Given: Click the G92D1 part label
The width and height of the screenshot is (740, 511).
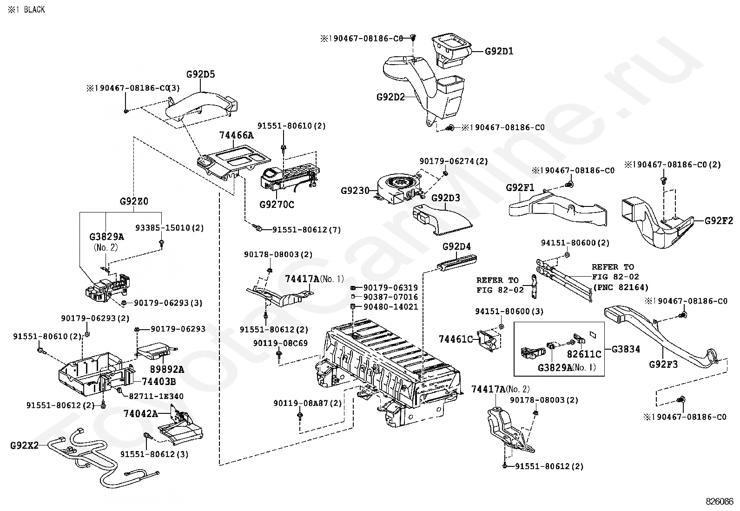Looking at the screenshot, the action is [499, 51].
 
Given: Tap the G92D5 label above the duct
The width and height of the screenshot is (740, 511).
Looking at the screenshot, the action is [200, 74].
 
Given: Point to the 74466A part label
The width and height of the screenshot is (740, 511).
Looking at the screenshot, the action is [237, 135].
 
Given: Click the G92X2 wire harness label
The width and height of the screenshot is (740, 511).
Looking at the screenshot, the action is [25, 445].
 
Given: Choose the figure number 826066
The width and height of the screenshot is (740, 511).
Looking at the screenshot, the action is [720, 502].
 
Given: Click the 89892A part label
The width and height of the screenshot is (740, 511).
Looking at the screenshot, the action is [167, 369].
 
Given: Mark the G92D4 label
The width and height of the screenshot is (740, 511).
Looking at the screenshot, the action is [456, 246].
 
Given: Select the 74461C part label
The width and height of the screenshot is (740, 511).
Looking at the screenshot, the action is [456, 339].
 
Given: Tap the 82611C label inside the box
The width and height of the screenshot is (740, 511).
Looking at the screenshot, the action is [584, 354].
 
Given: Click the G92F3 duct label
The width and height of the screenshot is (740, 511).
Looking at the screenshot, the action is [663, 364].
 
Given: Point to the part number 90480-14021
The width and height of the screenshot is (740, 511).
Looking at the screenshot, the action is [391, 307].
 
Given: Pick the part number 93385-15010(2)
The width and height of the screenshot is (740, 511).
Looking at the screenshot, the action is [170, 228].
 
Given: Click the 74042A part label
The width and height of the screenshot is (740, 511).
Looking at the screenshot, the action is [141, 413].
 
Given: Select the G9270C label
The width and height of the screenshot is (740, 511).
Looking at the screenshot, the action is [277, 205].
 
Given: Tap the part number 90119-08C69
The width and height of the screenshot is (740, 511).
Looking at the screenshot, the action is [280, 343].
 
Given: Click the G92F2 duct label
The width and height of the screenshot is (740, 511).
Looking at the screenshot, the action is [719, 220].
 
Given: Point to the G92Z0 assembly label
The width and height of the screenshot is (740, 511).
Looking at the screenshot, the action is [134, 201].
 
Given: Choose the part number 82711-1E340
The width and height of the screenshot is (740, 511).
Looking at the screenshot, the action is [156, 396].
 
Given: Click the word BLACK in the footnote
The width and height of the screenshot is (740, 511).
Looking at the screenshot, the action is [34, 10].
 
